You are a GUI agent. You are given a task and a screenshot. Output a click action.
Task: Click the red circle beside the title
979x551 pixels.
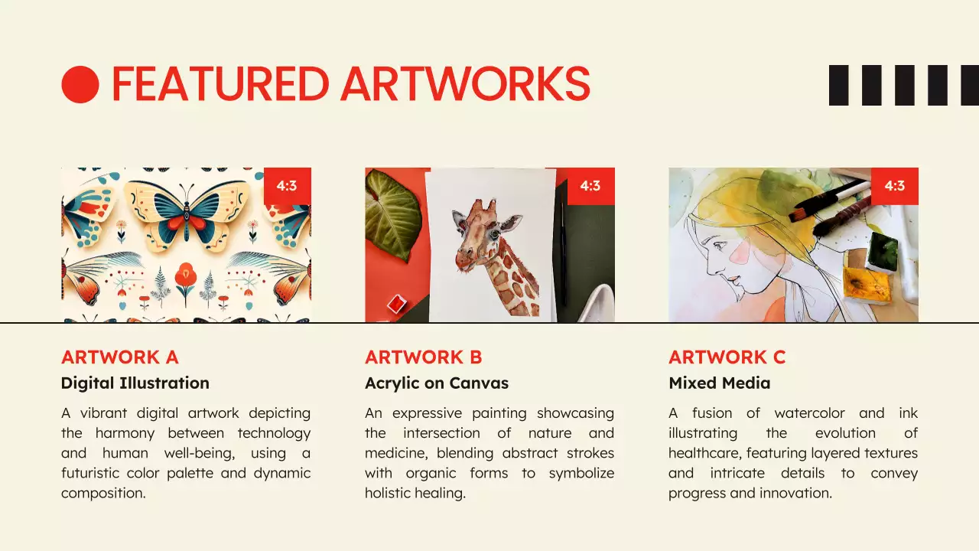coord(80,84)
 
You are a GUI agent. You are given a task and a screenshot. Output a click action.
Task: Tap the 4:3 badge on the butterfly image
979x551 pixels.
coord(287,186)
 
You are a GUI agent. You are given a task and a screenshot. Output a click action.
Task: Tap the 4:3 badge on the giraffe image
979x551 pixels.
coord(590,186)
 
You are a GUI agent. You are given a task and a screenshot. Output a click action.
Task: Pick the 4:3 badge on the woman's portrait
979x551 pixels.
coord(894,186)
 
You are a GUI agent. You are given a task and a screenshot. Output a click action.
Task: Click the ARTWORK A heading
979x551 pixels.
coord(119,357)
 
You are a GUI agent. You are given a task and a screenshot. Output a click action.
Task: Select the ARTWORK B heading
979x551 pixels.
coord(423,357)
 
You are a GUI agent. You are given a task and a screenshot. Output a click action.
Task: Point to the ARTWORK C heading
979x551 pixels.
coord(727,357)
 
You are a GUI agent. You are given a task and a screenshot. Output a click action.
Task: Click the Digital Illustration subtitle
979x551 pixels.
coord(135,383)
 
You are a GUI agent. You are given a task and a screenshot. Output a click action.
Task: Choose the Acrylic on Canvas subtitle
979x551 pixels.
coord(436,383)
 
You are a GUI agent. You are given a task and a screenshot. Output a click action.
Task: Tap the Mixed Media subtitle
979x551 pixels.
coord(719,383)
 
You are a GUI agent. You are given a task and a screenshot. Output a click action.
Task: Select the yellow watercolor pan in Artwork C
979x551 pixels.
coord(867,285)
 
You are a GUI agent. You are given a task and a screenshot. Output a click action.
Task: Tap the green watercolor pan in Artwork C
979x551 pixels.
coord(883,252)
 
